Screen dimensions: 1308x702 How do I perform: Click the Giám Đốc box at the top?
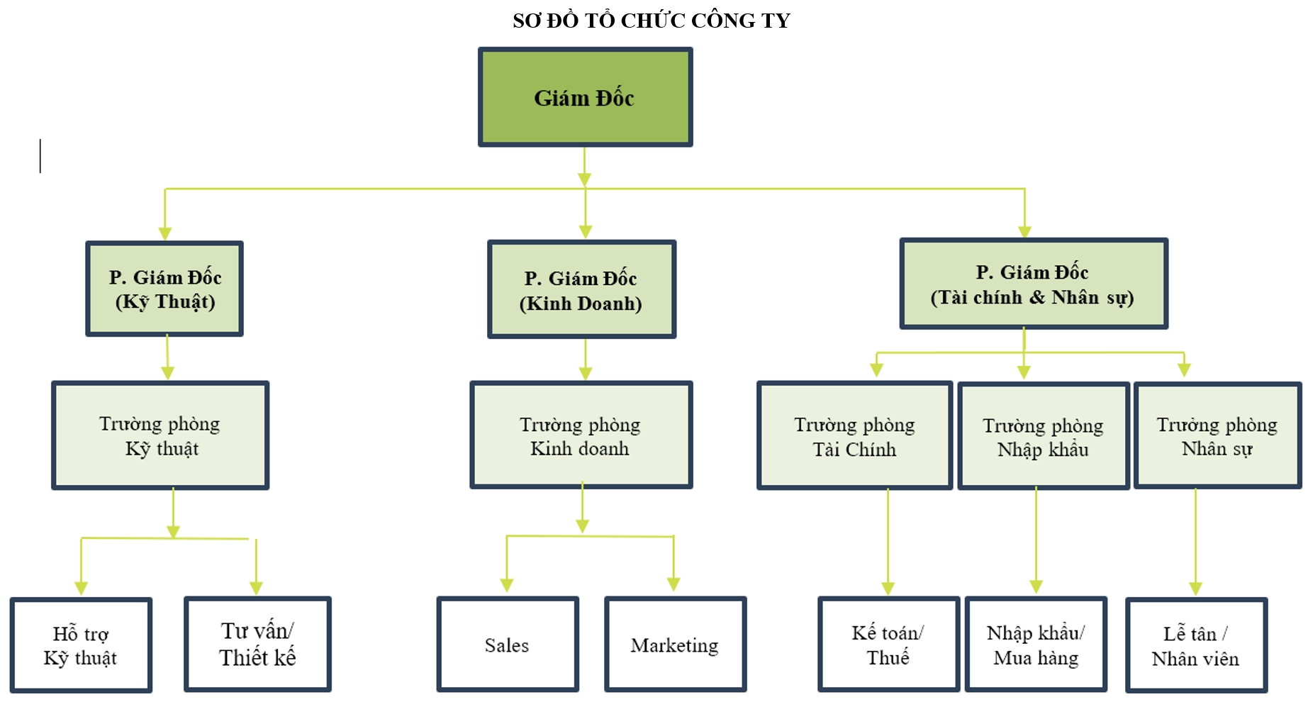coord(585,97)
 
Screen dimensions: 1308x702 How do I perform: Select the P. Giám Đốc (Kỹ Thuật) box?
coord(164,289)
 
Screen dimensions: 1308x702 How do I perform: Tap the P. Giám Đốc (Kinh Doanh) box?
coord(581,289)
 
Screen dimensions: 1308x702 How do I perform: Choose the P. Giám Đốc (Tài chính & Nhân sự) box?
coord(1034,284)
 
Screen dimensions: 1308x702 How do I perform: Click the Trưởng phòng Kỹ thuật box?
coord(160,435)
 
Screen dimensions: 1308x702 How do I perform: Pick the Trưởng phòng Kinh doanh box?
coord(581,435)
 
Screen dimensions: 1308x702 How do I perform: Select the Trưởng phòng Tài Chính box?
coord(854,435)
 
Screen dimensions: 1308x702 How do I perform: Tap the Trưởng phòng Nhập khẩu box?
coord(1043,436)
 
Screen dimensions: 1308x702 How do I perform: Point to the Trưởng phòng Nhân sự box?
coord(1217,435)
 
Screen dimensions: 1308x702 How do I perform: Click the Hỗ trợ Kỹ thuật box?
coord(81,645)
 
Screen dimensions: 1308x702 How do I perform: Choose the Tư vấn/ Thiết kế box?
coord(257,644)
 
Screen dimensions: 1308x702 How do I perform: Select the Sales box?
coord(508,644)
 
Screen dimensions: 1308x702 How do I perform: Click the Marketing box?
coord(675,644)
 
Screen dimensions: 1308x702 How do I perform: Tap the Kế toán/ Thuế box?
coord(888,644)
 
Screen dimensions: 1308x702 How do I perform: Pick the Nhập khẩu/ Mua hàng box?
coord(1036,644)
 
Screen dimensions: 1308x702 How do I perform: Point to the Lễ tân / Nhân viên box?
coord(1196,645)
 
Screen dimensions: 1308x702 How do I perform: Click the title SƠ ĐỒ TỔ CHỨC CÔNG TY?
coord(652,21)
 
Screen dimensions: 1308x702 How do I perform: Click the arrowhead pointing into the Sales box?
coord(507,585)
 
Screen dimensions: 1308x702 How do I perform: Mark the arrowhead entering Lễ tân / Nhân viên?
coord(1196,589)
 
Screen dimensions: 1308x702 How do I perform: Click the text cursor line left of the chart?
coord(40,156)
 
